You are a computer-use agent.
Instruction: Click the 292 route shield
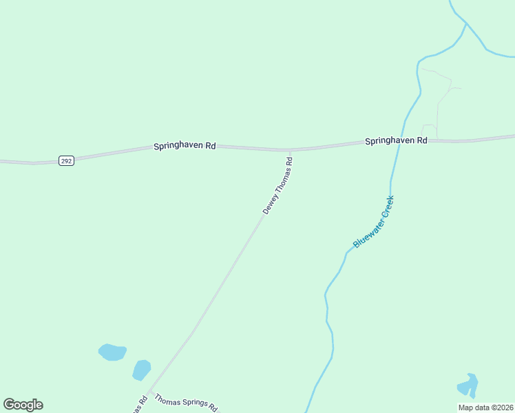(66, 160)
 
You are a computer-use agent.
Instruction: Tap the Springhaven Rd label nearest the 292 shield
(185, 146)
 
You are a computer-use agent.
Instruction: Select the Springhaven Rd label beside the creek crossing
(396, 140)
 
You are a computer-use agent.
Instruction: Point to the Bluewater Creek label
(373, 222)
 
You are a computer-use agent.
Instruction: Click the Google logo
(23, 405)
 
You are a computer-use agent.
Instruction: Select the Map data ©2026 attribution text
(486, 407)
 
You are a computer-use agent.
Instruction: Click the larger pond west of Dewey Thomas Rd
(112, 352)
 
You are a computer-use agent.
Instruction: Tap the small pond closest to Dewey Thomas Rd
(142, 370)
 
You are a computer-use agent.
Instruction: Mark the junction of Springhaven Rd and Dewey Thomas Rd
(290, 149)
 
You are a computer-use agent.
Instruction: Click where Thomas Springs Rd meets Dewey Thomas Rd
(150, 392)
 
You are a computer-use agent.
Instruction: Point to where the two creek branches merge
(467, 24)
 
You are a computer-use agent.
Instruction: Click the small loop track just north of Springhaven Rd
(429, 130)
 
